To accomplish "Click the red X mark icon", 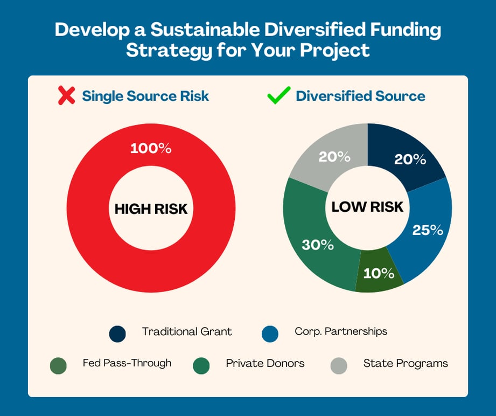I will point(66,96).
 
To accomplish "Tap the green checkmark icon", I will point(279,96).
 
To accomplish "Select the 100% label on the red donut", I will point(151,148).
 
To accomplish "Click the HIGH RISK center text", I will point(151,209).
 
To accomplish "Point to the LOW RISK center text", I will point(367,207).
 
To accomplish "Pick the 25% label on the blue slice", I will point(428,230).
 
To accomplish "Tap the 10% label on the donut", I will point(379,273).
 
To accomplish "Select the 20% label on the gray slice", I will point(334,157).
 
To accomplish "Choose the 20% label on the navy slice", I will point(410,160).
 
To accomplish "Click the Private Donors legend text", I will point(265,363).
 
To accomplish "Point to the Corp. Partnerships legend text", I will point(341,331).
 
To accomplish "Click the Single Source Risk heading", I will point(145,96).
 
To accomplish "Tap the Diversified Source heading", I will point(360,96).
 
